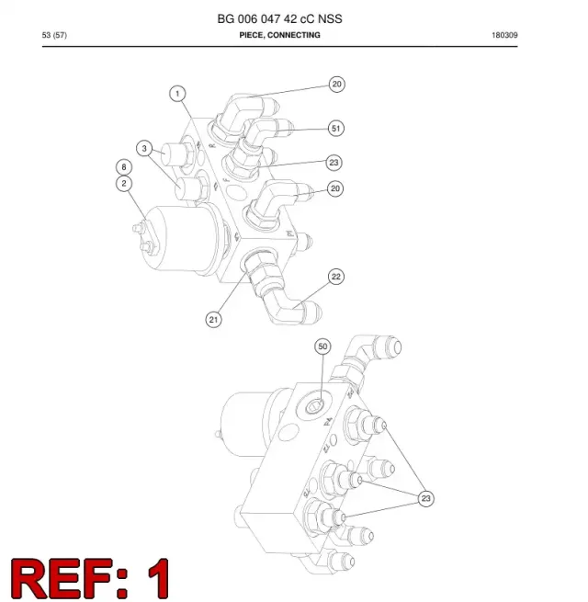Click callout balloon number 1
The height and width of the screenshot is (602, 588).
177,94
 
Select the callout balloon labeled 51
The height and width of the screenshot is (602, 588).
336,129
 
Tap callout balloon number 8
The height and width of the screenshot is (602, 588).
124,167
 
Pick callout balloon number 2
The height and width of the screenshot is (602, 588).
124,184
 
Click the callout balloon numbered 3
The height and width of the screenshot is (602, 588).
144,149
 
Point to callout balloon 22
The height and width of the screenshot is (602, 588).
336,277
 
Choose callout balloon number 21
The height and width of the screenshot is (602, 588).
214,320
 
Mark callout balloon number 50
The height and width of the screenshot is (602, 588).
322,346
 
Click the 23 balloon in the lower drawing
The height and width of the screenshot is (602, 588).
425,498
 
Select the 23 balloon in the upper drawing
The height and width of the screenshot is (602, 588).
334,163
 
